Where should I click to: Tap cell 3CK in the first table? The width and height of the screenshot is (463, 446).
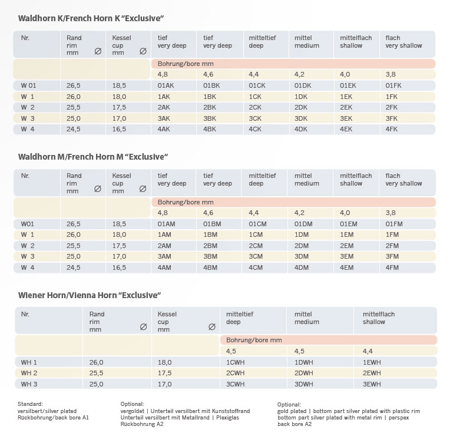255,118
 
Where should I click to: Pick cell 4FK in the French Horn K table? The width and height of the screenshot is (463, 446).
392,128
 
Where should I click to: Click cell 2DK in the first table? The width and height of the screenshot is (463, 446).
301,107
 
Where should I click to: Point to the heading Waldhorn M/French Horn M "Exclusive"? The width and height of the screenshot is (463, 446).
94,157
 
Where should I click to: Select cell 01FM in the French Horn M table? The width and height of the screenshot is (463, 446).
394,223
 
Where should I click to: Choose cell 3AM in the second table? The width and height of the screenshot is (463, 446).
164,256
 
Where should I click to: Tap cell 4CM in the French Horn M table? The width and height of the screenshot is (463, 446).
256,267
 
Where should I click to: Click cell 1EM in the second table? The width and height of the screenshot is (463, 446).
347,234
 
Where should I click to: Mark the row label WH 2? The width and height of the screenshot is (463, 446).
29,373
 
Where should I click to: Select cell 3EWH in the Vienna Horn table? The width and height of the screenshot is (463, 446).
372,384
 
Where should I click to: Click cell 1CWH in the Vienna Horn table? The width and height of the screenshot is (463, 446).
236,362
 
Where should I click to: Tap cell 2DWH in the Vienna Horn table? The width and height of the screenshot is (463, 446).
304,373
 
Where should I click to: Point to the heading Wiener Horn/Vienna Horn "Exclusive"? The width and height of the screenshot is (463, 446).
90,295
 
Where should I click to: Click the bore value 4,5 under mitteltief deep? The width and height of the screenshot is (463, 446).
231,351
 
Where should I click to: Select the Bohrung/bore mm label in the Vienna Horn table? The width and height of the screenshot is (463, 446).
254,340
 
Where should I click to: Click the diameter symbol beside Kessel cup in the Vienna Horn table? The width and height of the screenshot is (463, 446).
211,326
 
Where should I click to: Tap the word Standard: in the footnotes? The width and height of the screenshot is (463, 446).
31,404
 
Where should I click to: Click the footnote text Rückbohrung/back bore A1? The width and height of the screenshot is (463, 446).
53,417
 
